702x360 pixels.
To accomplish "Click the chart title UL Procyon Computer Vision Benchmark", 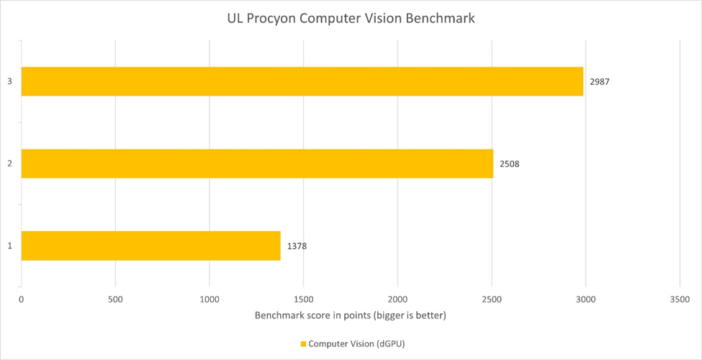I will tap(351, 19).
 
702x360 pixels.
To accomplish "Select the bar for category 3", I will tap(302, 81).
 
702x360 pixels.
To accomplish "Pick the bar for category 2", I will tap(257, 163).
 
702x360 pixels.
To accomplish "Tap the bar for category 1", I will tap(150, 246).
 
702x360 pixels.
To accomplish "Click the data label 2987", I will tap(600, 81).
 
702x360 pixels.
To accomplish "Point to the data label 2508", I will tap(509, 163).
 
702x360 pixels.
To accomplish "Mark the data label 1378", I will tap(297, 246).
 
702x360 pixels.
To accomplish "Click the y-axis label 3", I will tap(10, 81).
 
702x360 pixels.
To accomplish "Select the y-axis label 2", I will tap(10, 163).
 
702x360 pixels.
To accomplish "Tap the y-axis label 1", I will tap(10, 246).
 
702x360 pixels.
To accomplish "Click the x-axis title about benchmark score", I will tap(351, 316).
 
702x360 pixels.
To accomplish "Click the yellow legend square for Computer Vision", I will tap(303, 344).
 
